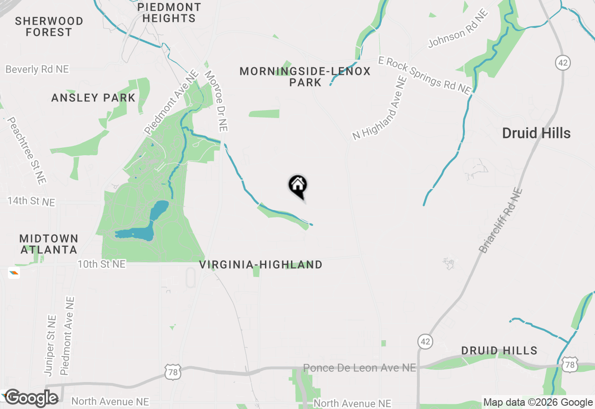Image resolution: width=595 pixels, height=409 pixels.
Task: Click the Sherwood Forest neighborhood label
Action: point(49,26)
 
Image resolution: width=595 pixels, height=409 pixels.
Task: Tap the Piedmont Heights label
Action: point(169,13)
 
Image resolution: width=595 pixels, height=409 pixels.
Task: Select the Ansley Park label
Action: point(93,98)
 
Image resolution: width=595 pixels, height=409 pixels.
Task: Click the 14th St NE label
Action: point(31,202)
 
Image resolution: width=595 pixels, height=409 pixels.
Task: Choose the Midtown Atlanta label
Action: point(49,244)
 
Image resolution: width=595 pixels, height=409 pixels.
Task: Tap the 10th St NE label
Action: point(101,264)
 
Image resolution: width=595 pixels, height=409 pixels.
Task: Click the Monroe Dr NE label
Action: point(216,100)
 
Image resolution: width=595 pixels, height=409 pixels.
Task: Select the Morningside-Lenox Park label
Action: point(305,77)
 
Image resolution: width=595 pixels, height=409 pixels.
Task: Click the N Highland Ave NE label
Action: point(380,108)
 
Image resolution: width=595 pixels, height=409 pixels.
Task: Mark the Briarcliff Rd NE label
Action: point(501,220)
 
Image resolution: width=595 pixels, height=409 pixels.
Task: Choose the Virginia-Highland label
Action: point(260,264)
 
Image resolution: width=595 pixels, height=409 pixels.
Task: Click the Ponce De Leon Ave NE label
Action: point(359,368)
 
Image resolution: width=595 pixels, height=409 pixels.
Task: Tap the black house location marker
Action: point(298,186)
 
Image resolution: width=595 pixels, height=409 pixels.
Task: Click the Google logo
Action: point(32,398)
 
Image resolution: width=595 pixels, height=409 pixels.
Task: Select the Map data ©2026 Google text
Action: point(538,402)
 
